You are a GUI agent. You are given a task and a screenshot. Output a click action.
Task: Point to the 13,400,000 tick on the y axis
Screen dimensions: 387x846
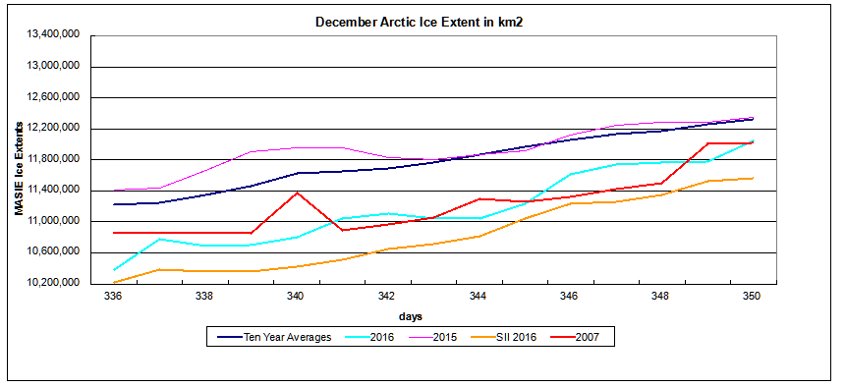pos(53,34)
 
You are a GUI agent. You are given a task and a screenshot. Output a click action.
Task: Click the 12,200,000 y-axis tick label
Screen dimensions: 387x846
pos(53,128)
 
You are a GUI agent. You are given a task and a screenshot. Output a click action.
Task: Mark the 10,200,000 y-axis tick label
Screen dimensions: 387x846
pos(53,283)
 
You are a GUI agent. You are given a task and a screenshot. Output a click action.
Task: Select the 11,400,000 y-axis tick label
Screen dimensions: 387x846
pos(53,190)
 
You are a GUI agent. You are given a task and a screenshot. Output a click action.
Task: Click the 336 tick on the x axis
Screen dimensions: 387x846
pos(113,294)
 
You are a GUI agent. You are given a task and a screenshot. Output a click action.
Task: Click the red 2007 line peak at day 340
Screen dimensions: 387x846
pos(296,193)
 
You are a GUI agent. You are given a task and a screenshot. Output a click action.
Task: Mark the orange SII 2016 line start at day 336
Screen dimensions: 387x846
pos(113,283)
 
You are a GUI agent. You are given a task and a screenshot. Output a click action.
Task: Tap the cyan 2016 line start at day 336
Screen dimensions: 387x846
pos(113,270)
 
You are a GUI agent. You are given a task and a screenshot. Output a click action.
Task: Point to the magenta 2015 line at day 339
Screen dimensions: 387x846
pos(251,151)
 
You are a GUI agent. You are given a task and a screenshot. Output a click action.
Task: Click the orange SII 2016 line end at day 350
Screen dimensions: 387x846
pos(753,178)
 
